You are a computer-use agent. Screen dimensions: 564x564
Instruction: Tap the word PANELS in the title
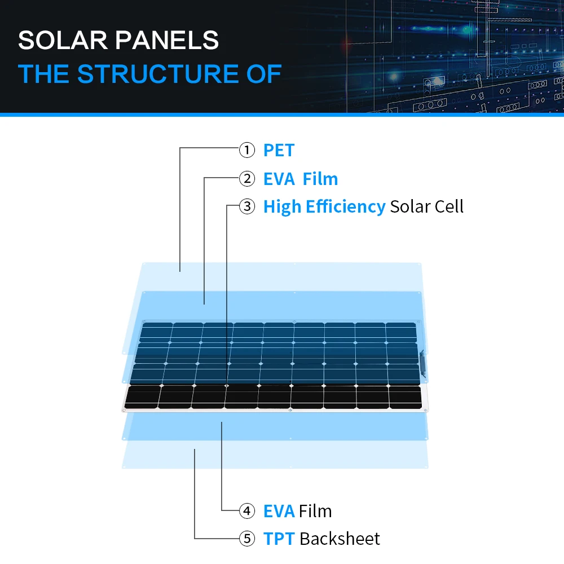(x=170, y=41)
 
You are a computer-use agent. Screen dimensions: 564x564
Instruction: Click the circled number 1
(x=247, y=151)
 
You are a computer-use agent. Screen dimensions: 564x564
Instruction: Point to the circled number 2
(x=247, y=179)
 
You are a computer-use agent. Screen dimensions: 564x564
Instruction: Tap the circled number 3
(x=247, y=206)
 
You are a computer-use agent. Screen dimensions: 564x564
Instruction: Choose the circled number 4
(x=247, y=511)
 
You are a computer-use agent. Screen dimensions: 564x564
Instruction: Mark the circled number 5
(x=247, y=539)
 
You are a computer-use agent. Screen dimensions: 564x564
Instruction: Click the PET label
(x=279, y=151)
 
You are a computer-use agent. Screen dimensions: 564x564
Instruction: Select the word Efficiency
(x=345, y=206)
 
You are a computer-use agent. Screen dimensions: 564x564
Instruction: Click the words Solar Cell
(x=426, y=206)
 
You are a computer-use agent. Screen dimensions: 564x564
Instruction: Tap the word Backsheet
(x=340, y=539)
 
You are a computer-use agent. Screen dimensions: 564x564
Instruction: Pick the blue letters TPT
(x=279, y=539)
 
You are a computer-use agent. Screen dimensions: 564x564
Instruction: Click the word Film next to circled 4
(x=315, y=511)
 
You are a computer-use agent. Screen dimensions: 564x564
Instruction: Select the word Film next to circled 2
(x=320, y=179)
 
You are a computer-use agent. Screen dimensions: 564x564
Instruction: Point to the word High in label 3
(x=282, y=206)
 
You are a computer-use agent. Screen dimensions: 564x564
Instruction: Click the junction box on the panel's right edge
(x=422, y=362)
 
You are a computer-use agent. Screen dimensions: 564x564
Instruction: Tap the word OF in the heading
(x=265, y=74)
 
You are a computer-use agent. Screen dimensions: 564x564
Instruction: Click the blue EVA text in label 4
(x=279, y=511)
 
